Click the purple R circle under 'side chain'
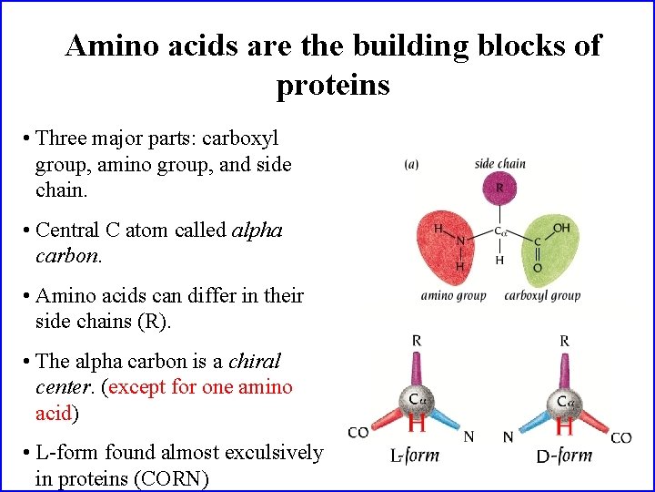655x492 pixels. (x=499, y=189)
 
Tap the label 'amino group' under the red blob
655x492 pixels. (x=453, y=295)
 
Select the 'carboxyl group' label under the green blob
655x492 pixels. (x=542, y=295)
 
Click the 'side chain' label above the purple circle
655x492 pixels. (x=499, y=164)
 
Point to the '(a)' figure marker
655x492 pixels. (x=411, y=164)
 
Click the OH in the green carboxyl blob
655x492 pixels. (x=561, y=228)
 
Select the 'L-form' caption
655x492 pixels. (x=415, y=456)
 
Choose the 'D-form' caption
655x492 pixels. (x=564, y=455)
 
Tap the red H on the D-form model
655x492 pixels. (x=564, y=425)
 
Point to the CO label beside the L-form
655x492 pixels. (x=358, y=432)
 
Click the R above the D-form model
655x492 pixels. (x=565, y=341)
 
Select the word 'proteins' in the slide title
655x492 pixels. (x=333, y=85)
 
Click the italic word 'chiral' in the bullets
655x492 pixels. (x=255, y=361)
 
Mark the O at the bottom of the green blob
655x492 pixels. (x=538, y=268)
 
